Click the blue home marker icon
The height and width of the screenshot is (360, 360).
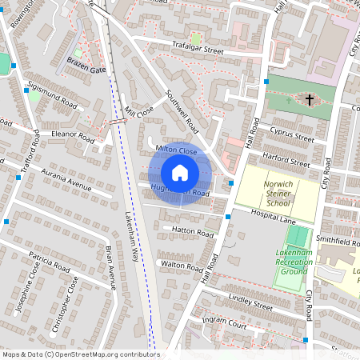180,173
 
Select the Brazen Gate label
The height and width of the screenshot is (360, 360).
86,70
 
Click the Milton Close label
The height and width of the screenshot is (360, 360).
176,150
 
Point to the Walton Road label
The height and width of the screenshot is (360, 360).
178,263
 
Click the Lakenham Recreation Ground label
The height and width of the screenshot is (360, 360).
294,262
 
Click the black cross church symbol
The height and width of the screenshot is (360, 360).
308,99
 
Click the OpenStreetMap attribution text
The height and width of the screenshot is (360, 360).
81,354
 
